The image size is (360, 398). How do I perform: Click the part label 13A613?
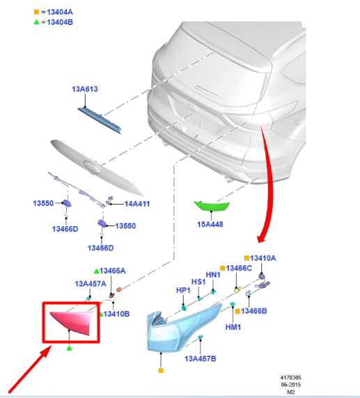click(85, 89)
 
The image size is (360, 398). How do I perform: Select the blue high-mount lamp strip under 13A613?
click(100, 120)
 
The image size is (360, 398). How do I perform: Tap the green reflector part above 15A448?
click(212, 205)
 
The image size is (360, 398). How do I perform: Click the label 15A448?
click(210, 224)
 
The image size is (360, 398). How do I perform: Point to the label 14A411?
click(137, 204)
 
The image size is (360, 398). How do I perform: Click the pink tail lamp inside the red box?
click(72, 322)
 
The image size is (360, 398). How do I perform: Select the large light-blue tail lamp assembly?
click(181, 328)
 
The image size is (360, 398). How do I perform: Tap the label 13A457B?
click(201, 358)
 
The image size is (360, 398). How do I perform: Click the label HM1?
click(233, 327)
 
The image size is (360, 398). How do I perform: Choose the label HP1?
click(183, 290)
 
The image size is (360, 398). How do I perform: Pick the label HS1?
click(198, 282)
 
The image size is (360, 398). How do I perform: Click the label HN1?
click(213, 275)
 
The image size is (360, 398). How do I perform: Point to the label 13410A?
click(263, 258)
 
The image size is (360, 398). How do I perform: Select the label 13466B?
click(253, 311)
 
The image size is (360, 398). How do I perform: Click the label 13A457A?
click(91, 284)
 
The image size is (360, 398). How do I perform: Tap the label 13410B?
click(116, 314)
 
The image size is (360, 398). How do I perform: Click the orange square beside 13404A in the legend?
click(37, 12)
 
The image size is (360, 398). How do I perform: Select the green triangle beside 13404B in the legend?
click(37, 22)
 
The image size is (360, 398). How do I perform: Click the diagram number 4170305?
click(291, 377)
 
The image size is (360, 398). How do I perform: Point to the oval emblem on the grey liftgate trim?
click(92, 167)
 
